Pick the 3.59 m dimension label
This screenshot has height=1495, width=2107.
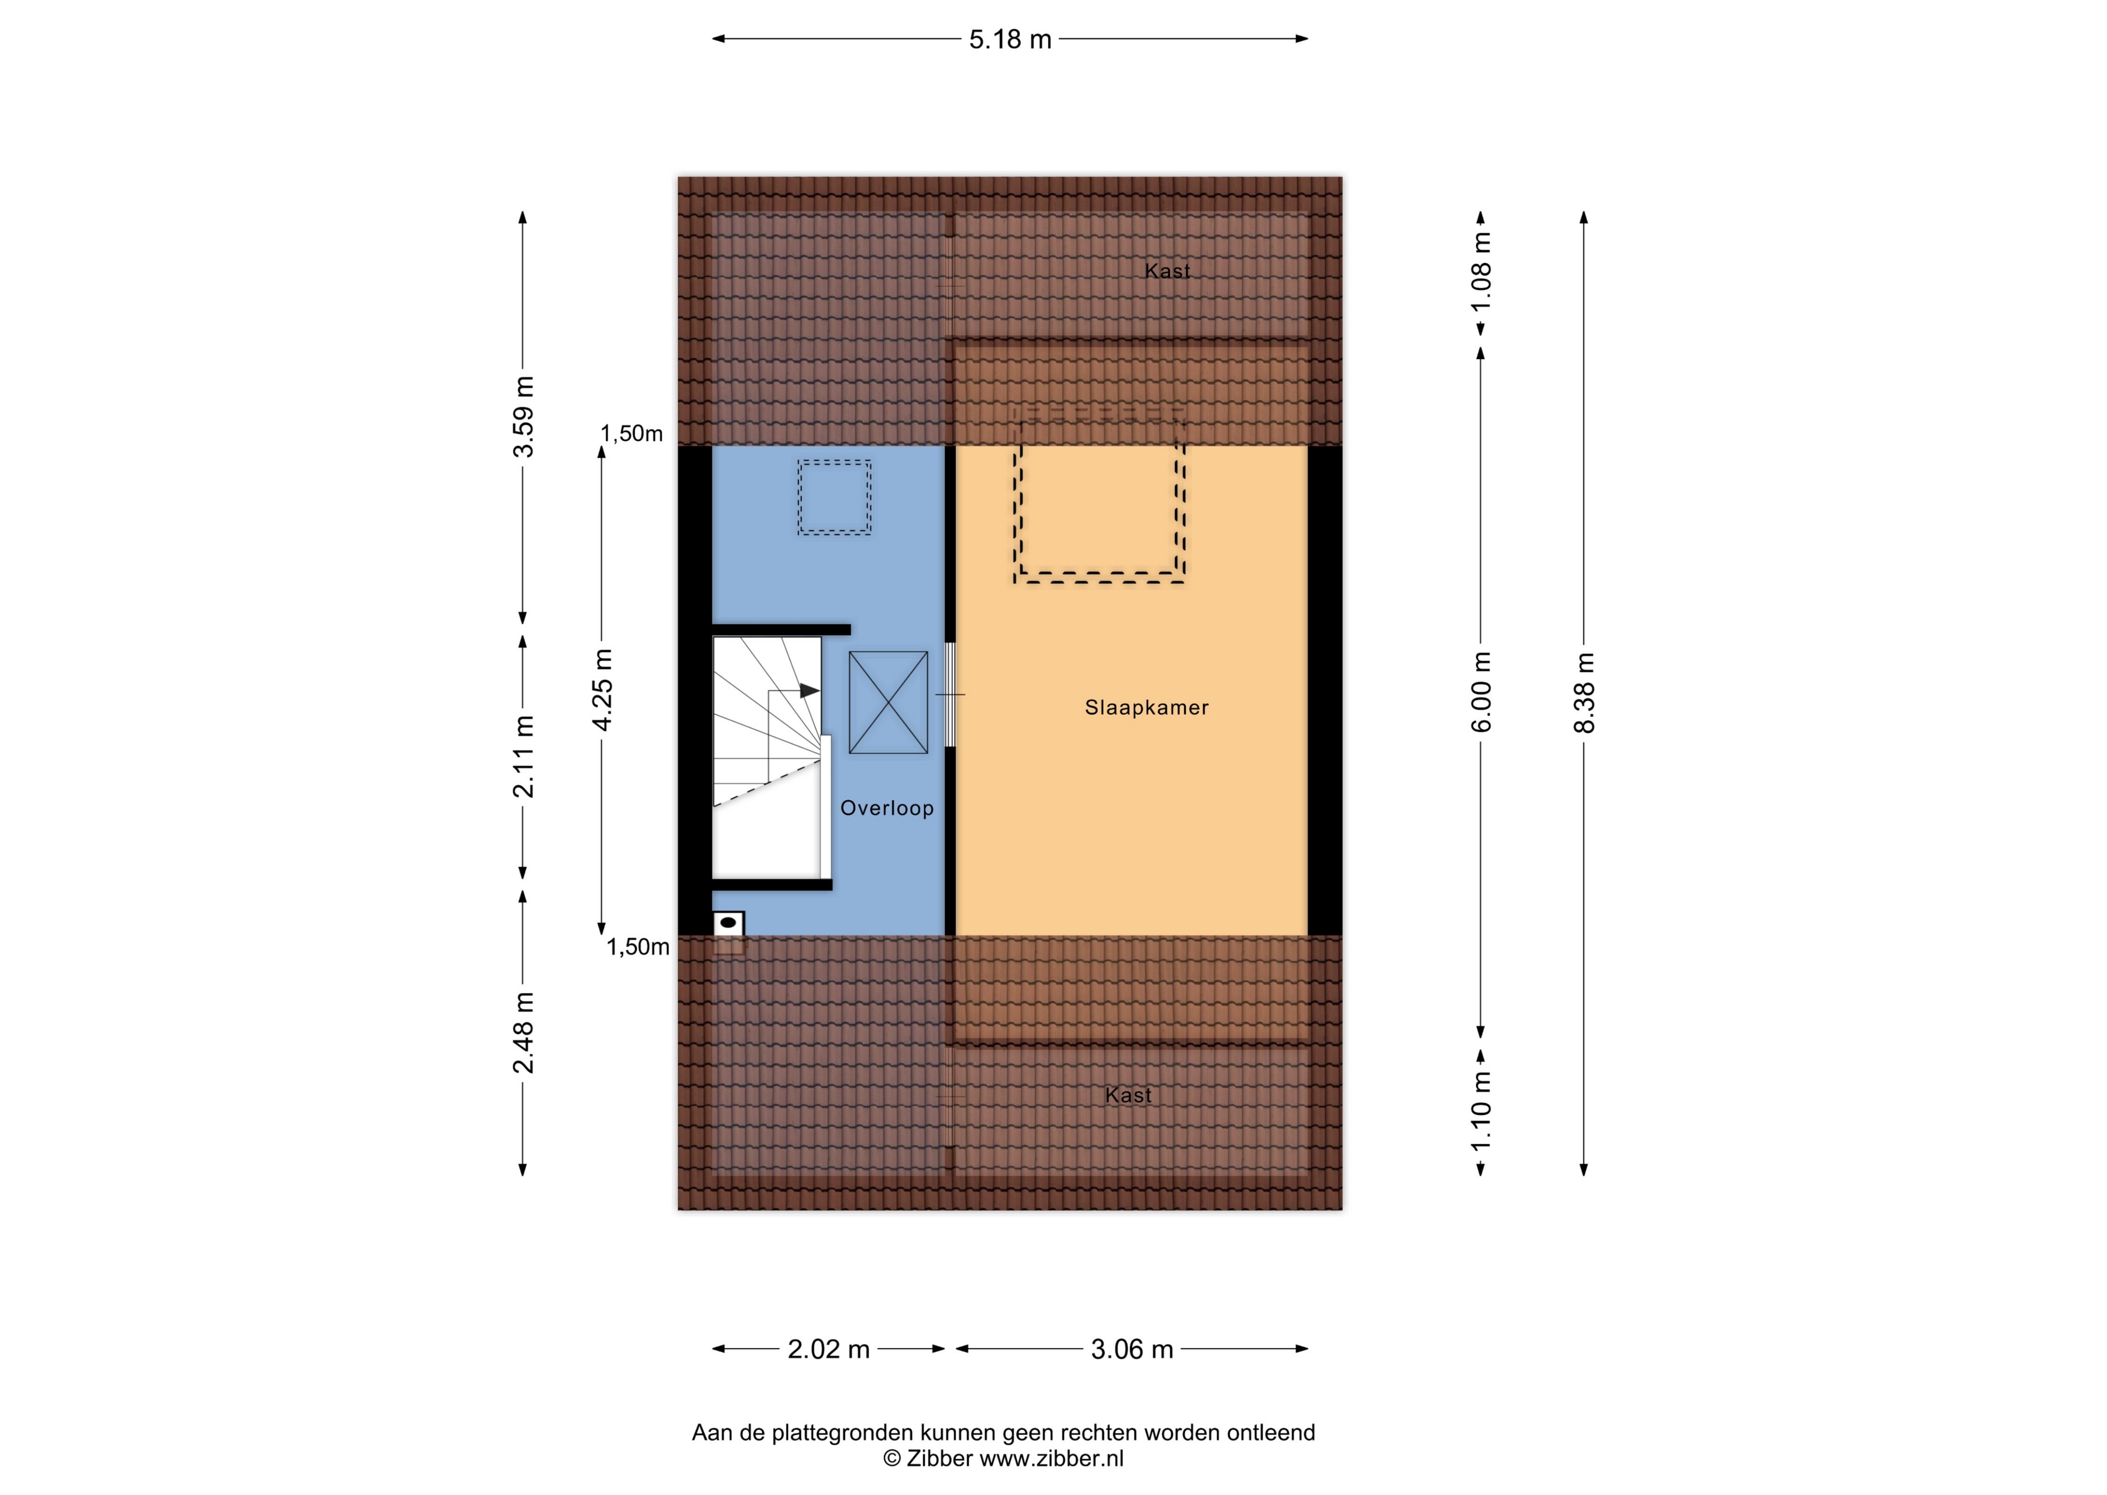pyautogui.click(x=524, y=416)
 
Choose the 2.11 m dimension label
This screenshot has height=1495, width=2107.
pyautogui.click(x=524, y=757)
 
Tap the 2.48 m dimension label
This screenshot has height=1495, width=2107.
pyautogui.click(x=524, y=1033)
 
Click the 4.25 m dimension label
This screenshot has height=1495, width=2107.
pyautogui.click(x=603, y=689)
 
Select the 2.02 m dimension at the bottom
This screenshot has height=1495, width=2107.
pyautogui.click(x=828, y=1350)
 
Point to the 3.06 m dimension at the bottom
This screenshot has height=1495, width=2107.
pyautogui.click(x=1132, y=1350)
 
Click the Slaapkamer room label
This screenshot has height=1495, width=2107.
pyautogui.click(x=1146, y=708)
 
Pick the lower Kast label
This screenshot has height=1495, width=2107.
pyautogui.click(x=1128, y=1095)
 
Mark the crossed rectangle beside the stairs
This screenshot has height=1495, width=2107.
pyautogui.click(x=888, y=703)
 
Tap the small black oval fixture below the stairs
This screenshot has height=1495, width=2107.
pyautogui.click(x=728, y=922)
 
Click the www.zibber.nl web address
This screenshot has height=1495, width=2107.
pyautogui.click(x=1051, y=1458)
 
